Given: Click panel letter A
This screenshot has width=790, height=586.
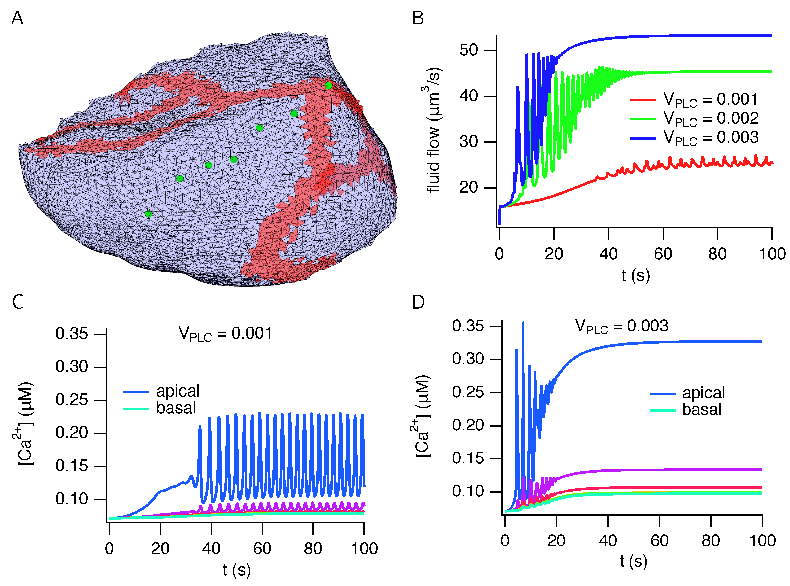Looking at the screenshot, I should (17, 18).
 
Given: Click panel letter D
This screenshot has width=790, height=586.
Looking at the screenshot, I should (418, 302).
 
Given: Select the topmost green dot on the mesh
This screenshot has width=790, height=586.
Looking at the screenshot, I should (328, 85).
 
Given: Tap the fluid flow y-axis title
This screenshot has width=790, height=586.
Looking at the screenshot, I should (433, 129).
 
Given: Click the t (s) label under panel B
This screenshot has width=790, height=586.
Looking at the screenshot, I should (635, 275).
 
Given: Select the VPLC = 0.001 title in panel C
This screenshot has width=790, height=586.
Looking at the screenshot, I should (225, 334).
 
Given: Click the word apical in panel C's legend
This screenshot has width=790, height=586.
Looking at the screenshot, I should (178, 391).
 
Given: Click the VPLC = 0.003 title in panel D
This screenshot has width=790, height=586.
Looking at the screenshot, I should (621, 326).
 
